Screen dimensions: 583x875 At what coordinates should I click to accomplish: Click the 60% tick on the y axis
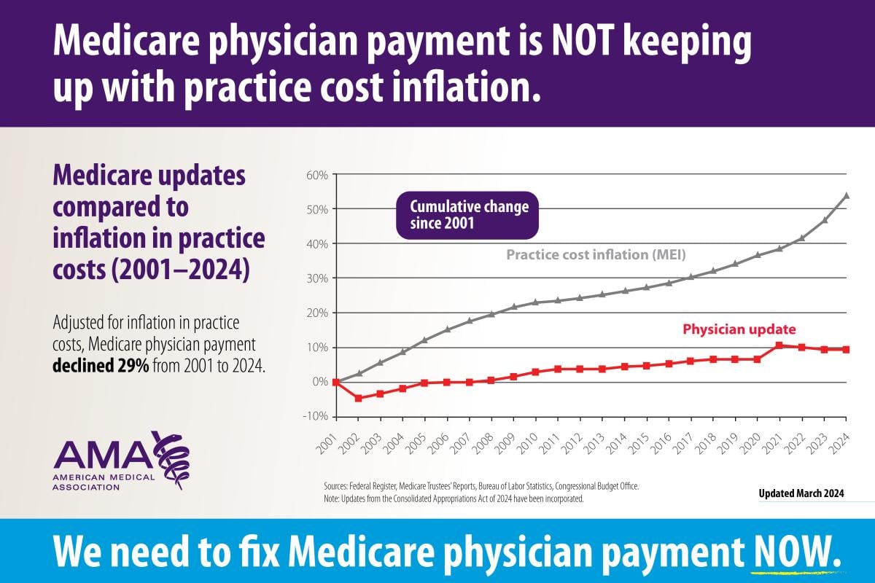point(319,175)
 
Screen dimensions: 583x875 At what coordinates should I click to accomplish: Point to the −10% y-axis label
point(317,416)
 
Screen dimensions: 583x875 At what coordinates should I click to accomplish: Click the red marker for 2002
point(358,398)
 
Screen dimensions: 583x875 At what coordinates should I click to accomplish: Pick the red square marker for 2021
point(779,345)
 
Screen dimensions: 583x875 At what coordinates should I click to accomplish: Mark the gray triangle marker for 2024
point(846,195)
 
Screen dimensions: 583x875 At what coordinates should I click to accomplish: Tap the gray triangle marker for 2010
point(535,302)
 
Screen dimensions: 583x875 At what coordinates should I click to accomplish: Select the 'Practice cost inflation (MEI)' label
point(596,255)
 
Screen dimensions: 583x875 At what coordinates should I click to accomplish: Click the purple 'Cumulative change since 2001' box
point(467,215)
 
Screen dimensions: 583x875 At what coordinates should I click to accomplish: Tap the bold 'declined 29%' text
point(101,365)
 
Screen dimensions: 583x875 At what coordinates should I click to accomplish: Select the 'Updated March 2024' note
point(801,493)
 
